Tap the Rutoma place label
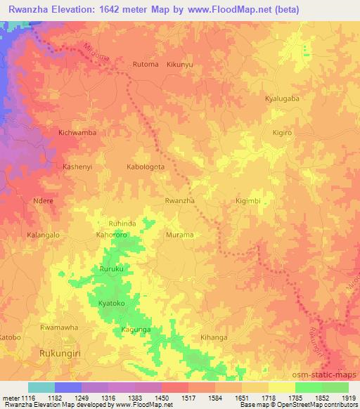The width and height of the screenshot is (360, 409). click(146, 65)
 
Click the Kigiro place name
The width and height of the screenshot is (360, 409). click(281, 133)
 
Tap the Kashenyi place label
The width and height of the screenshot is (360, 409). click(78, 167)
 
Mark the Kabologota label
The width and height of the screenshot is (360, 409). click(146, 167)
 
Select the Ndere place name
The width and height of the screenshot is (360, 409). click(44, 201)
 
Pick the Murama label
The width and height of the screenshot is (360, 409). click(179, 235)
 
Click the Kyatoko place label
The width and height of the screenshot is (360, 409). click(112, 303)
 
